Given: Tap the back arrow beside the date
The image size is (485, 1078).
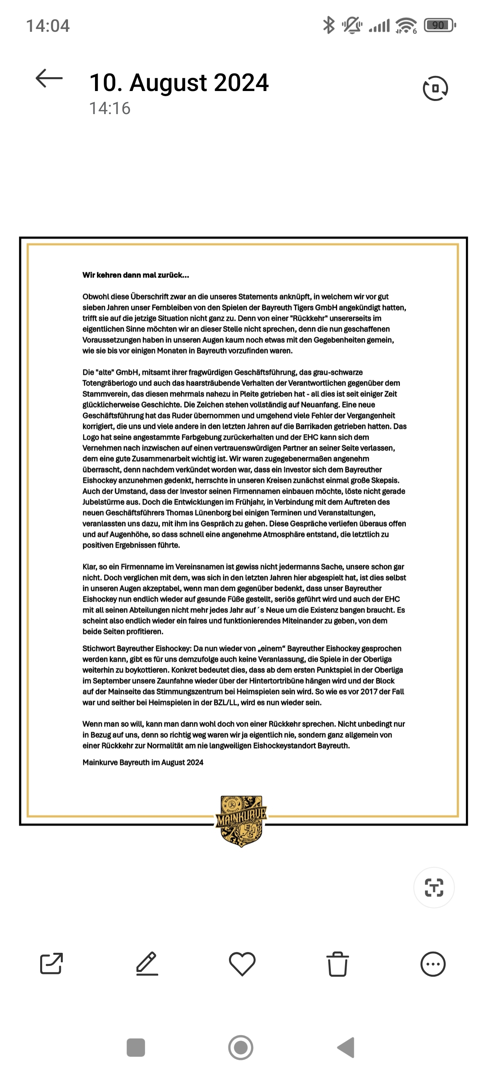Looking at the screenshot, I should pos(49,78).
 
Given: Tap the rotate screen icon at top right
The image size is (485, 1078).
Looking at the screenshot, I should pos(435,88).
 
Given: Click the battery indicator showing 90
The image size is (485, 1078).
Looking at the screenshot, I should pos(439,25).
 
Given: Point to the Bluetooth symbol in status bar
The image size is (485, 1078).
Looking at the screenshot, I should pos(329,25).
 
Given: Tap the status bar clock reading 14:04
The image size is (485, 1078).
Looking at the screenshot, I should pos(48,26).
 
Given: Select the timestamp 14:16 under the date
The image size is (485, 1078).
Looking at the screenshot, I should pos(110,109).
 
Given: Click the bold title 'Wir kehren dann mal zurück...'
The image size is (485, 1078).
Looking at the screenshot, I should pos(136,275).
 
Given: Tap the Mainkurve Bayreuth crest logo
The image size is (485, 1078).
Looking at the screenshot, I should pos(241,821).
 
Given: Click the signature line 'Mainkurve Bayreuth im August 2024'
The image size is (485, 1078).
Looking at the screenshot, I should pos(143,762).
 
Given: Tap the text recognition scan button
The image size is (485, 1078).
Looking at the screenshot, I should pos(434,888).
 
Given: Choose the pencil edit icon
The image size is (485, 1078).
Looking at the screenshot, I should pos(147,964).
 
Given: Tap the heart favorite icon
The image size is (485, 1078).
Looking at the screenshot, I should pos(242,964).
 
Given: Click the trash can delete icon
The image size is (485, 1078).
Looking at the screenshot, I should pos(337,964).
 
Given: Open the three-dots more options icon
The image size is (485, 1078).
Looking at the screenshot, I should pos(433,964).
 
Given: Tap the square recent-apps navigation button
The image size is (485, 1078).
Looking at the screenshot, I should pos(136,1047).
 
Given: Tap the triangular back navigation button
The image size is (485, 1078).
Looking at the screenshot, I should pos(347,1047).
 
